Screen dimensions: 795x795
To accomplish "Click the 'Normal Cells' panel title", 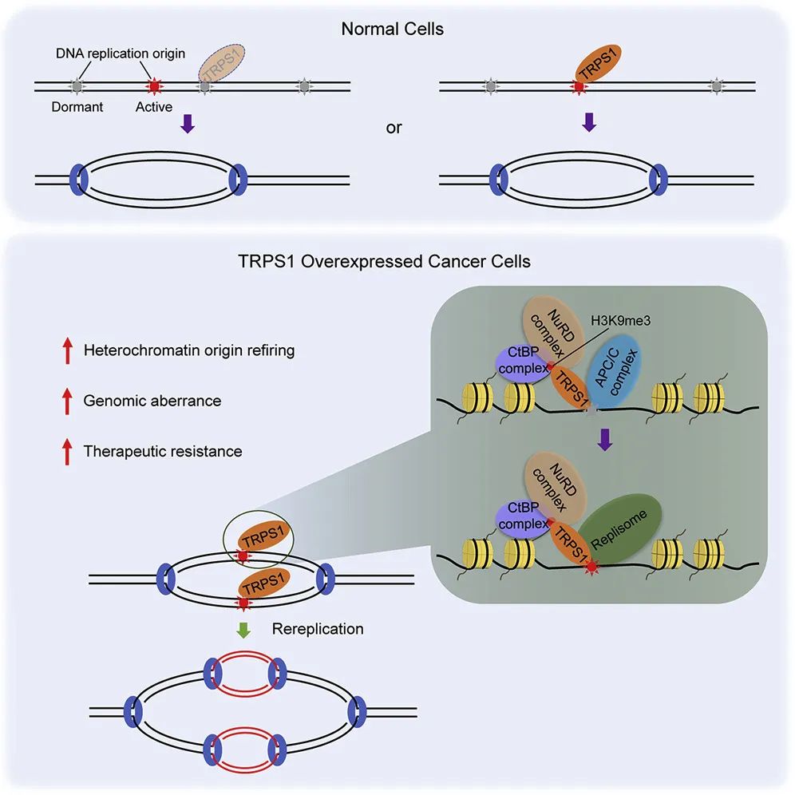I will point(394,30).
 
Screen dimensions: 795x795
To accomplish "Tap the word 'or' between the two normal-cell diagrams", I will point(394,128).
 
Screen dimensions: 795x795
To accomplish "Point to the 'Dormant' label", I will point(77,106).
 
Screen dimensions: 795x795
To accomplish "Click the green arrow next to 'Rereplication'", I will point(244,629).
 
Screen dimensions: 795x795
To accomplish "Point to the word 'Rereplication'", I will point(318,629).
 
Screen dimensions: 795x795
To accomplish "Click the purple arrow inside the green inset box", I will point(606,439).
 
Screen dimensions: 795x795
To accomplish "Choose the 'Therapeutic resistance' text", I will point(163,451).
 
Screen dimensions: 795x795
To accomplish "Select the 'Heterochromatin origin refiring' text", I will point(189,350).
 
